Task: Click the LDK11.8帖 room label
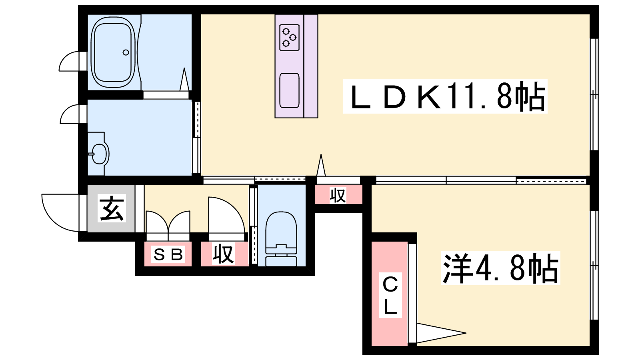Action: (445, 96)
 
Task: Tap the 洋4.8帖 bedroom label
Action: (500, 268)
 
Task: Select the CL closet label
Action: (390, 296)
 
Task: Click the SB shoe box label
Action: (168, 254)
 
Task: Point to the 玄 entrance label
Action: (112, 208)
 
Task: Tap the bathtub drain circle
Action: (126, 52)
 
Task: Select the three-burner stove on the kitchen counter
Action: (290, 38)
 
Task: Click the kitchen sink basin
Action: (290, 90)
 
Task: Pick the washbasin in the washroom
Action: (98, 154)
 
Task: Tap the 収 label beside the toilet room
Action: (224, 254)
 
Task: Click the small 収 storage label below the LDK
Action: (338, 194)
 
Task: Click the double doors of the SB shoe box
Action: (168, 226)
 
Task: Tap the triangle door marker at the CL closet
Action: (442, 333)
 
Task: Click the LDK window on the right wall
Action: (594, 94)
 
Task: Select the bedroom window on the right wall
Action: (594, 266)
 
